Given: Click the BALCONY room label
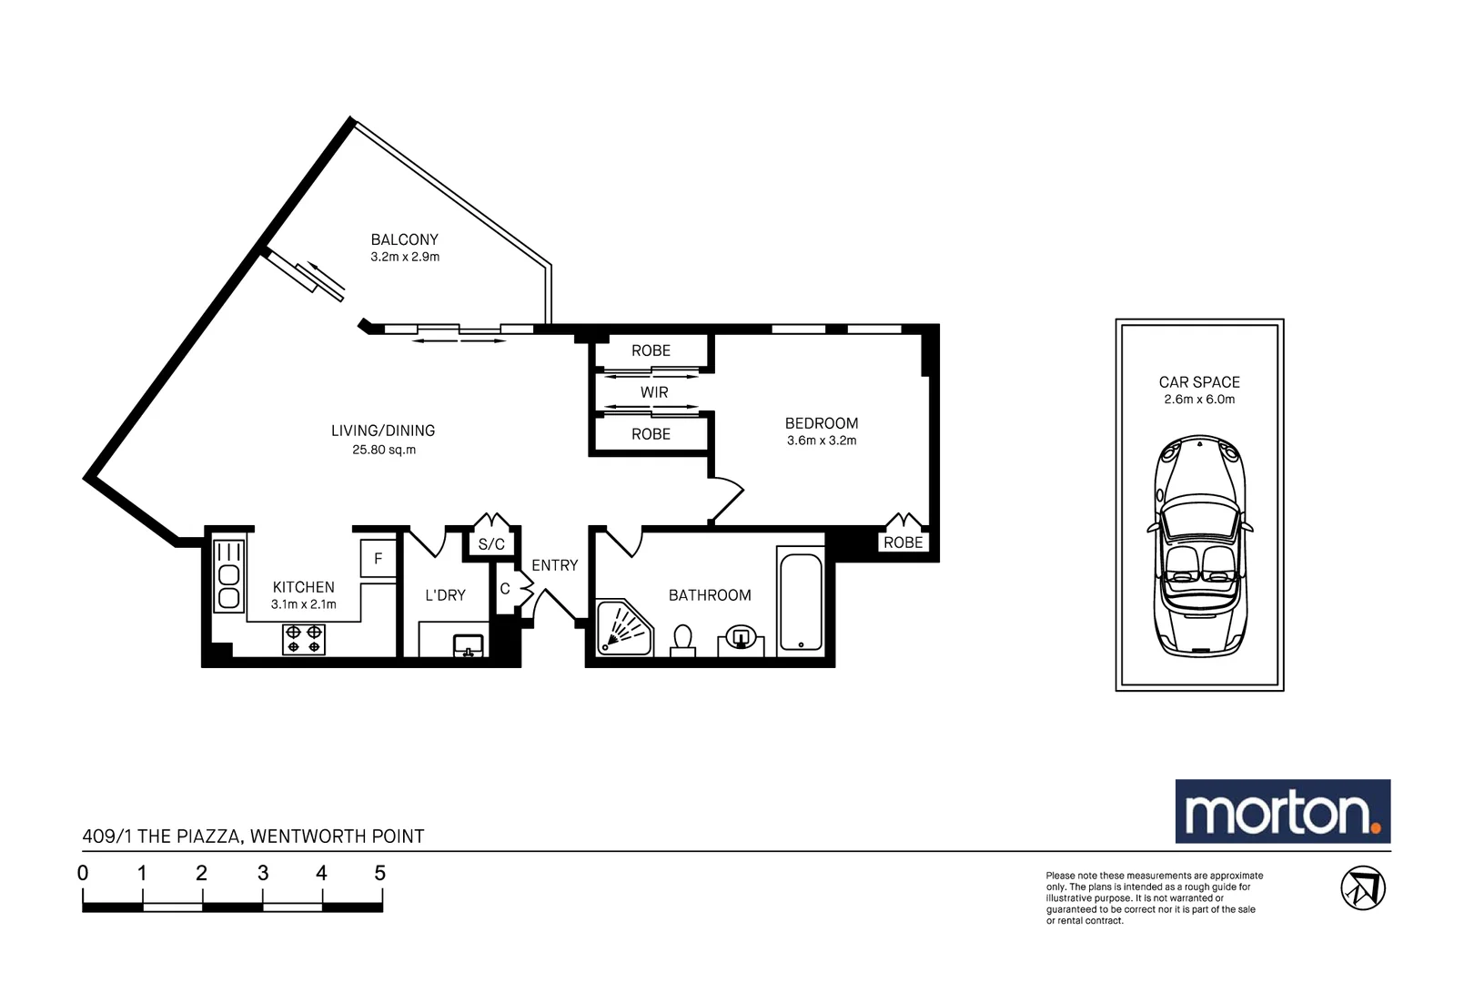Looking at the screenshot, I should tap(404, 239).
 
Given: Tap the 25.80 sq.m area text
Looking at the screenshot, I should tap(383, 450).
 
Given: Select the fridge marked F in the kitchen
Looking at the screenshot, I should tap(379, 559).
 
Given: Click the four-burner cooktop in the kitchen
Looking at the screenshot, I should tap(304, 638).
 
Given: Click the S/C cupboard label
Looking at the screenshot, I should tap(491, 544).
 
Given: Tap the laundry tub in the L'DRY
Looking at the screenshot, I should tap(469, 645).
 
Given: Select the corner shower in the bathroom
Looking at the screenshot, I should tap(622, 629).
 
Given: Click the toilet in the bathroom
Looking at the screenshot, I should tap(682, 640).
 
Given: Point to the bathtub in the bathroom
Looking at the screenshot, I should tap(800, 601).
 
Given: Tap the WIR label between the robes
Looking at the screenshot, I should tap(654, 392).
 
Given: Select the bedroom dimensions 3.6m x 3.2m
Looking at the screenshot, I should tap(822, 441).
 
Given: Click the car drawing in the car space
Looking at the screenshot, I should tap(1199, 546).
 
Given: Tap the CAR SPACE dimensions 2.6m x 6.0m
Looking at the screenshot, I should tap(1199, 400).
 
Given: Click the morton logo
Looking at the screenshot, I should tap(1282, 811).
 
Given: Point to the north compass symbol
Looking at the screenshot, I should tap(1362, 887).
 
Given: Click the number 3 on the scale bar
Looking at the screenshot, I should tap(262, 874).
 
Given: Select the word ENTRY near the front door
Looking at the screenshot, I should tap(554, 565).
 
